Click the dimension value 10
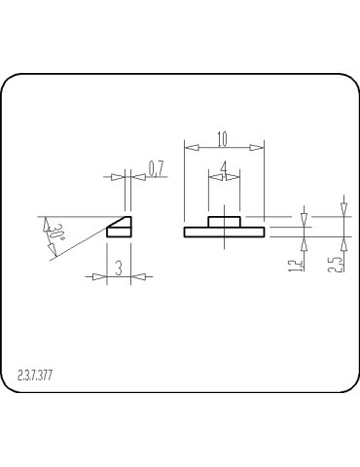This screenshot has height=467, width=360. pyautogui.click(x=224, y=137)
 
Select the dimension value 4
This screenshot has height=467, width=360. pyautogui.click(x=224, y=167)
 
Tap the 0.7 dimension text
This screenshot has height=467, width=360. pyautogui.click(x=156, y=168)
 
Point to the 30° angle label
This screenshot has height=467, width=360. pyautogui.click(x=56, y=233)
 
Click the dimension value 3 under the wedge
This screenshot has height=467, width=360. pyautogui.click(x=118, y=269)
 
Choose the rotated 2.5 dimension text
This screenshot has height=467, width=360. pyautogui.click(x=335, y=263)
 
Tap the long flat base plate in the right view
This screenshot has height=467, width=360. pyautogui.click(x=224, y=232)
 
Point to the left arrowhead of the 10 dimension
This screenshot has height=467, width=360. pyautogui.click(x=190, y=147)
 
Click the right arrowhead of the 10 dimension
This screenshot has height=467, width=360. pyautogui.click(x=258, y=147)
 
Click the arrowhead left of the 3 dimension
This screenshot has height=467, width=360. pyautogui.click(x=99, y=276)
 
